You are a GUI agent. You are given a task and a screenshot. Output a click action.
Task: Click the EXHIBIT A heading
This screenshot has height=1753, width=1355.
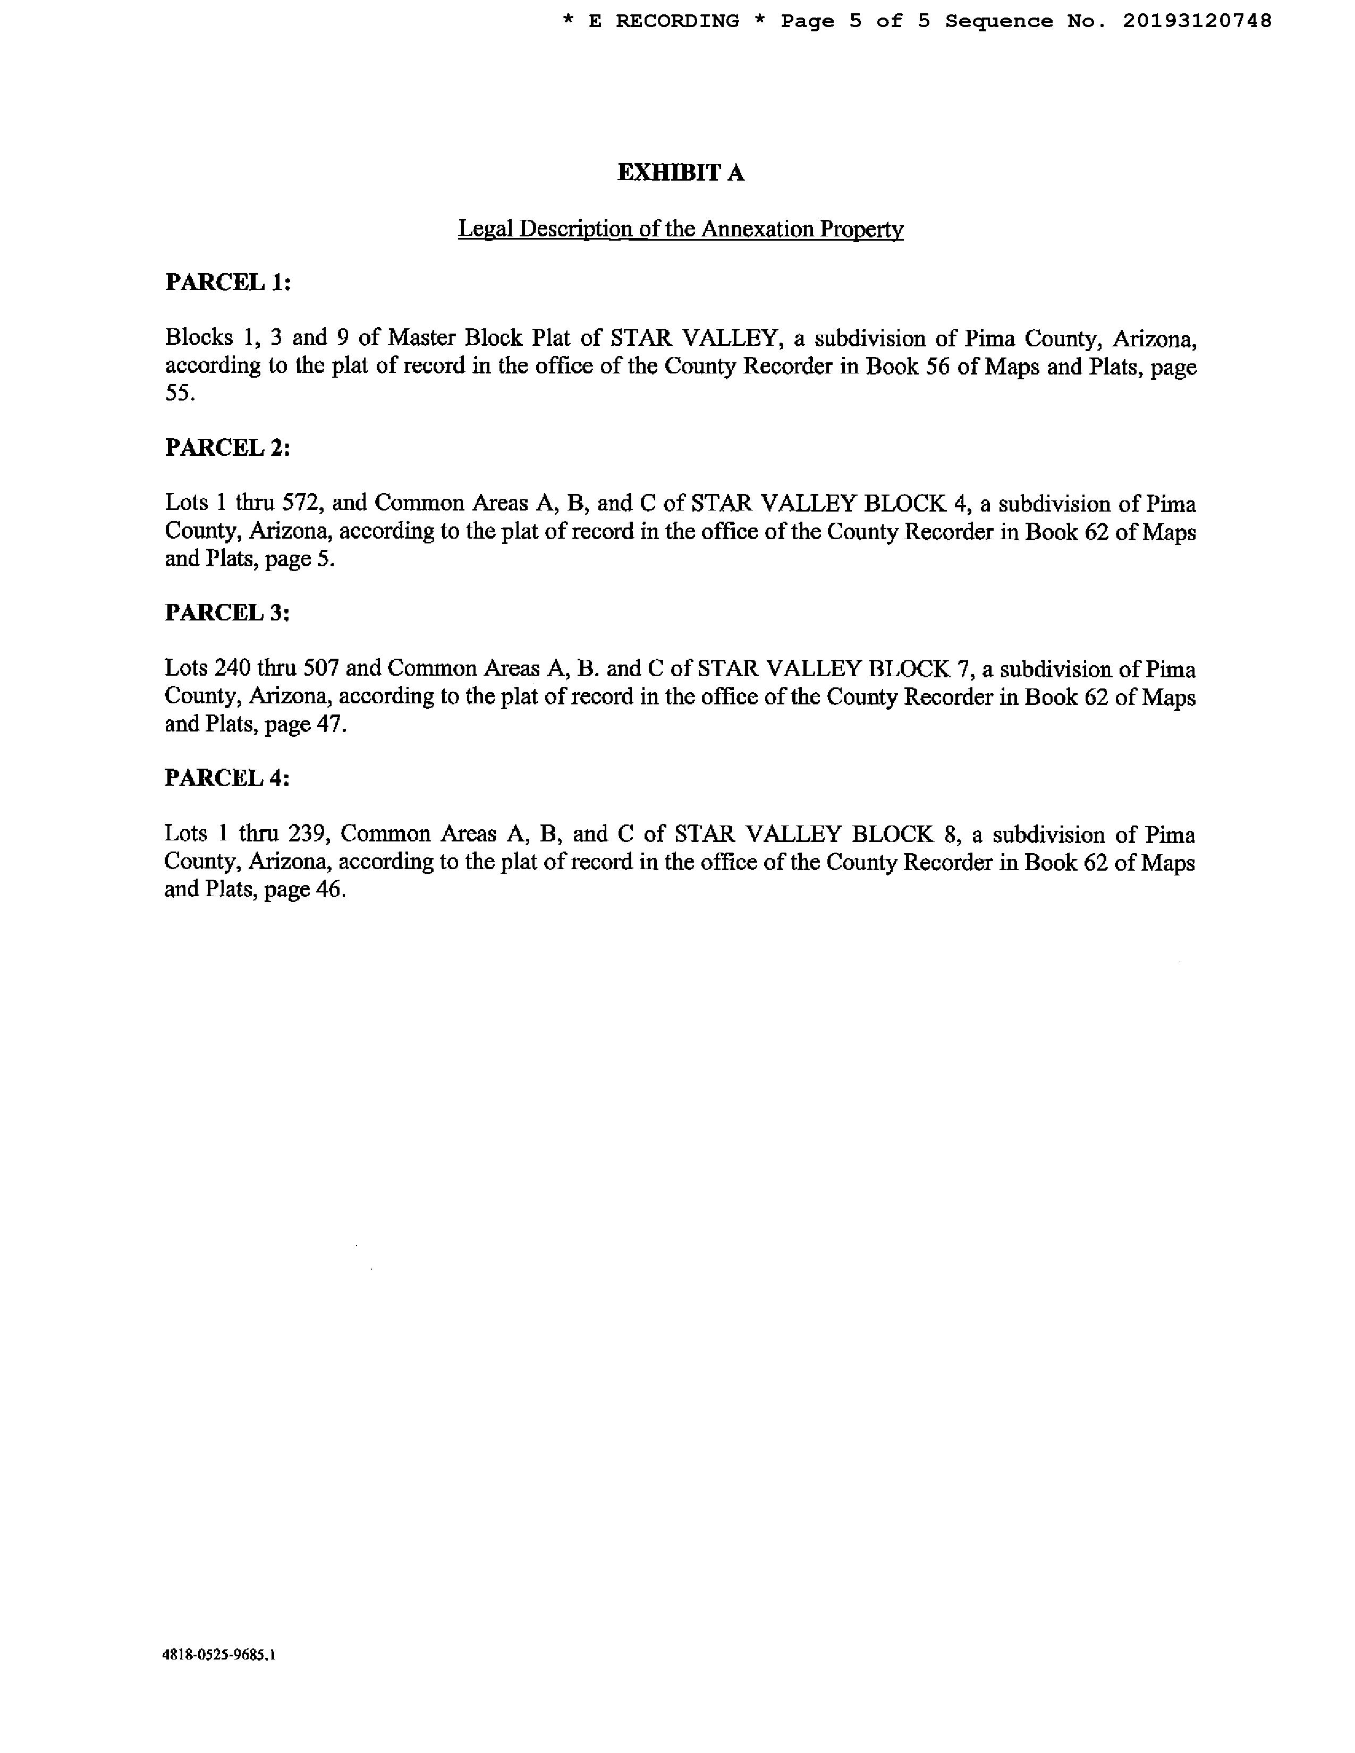(x=680, y=173)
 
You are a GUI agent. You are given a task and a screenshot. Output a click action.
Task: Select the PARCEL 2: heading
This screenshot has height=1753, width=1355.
(x=227, y=447)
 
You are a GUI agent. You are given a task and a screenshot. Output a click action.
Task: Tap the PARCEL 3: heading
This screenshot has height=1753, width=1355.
(x=227, y=612)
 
